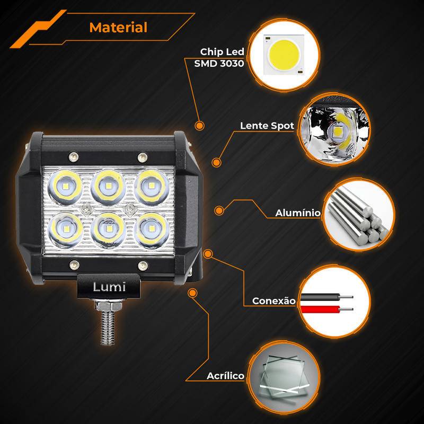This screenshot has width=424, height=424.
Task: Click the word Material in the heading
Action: tap(118, 28)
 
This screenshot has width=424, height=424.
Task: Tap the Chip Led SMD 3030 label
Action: tap(219, 57)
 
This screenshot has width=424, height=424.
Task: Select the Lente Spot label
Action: tap(267, 126)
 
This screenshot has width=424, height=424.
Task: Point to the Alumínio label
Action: tap(298, 213)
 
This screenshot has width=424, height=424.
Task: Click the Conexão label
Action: tap(274, 301)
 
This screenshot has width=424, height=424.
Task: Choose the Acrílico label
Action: tap(225, 376)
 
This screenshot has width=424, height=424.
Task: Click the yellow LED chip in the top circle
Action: tap(284, 55)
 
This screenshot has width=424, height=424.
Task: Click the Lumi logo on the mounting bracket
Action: tap(109, 287)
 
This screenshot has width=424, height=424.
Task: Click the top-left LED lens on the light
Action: tap(65, 187)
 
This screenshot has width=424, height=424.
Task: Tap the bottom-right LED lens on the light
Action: tap(152, 230)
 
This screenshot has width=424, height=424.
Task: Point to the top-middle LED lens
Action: tap(108, 187)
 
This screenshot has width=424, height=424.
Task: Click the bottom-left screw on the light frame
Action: tap(74, 265)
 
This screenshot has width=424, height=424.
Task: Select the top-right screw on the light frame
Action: tap(143, 157)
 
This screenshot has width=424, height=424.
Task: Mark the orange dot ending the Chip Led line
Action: tap(200, 126)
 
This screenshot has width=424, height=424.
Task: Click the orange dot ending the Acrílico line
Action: tap(192, 293)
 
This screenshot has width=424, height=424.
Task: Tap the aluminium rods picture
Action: tap(359, 214)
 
